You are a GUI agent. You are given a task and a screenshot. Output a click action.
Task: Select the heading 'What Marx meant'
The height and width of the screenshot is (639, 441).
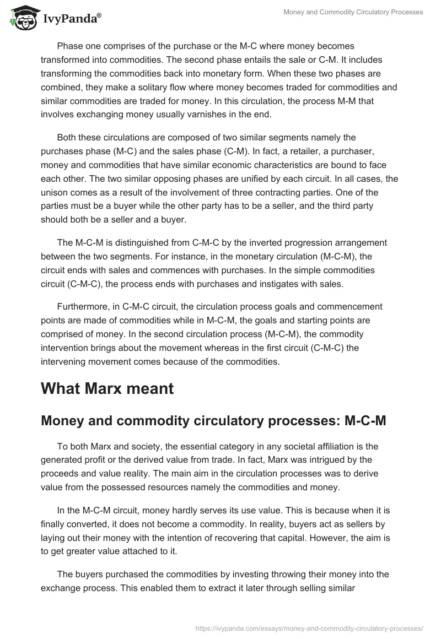click(x=107, y=388)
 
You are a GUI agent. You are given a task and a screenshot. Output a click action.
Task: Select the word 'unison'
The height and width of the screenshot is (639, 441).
click(x=55, y=189)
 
